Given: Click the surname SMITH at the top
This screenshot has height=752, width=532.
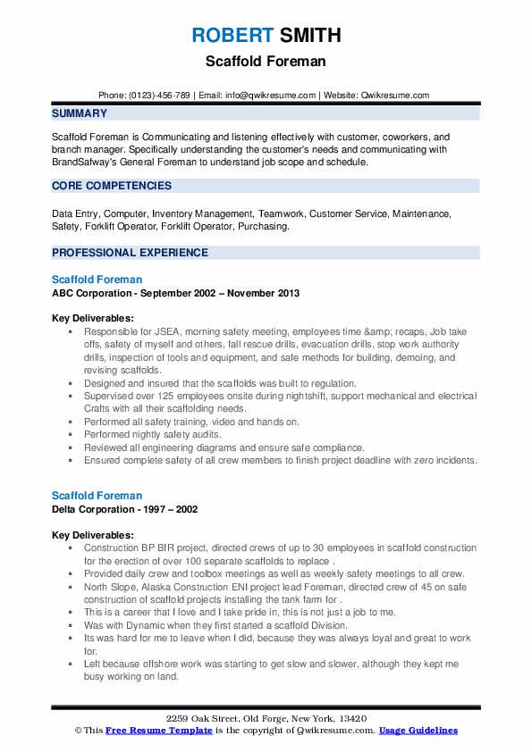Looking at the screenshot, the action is tap(308, 36).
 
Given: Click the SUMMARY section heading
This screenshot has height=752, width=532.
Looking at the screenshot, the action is tap(80, 113).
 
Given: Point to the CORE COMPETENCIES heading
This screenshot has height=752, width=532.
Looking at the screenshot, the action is tap(112, 186).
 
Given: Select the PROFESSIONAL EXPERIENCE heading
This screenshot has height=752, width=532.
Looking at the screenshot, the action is tap(130, 253).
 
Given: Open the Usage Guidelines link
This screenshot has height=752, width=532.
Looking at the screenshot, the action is tap(418, 731).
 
